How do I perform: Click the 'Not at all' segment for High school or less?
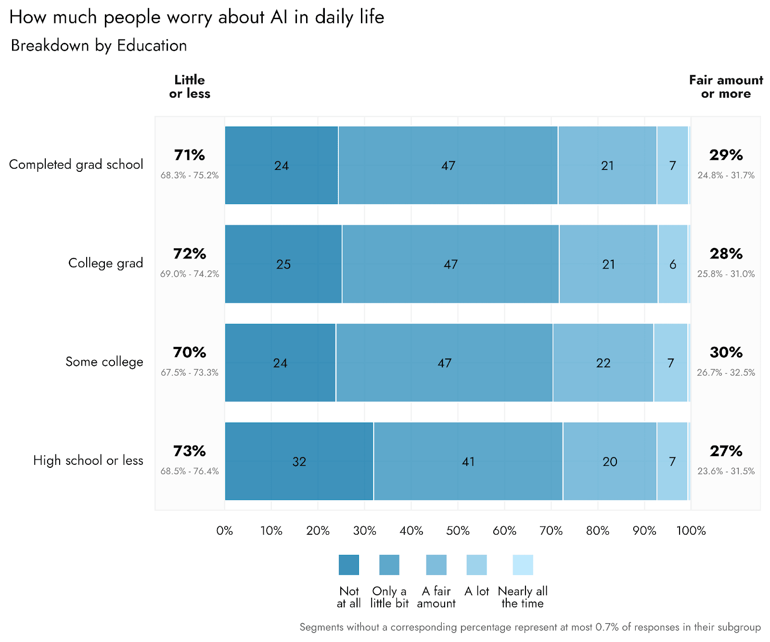tap(299, 461)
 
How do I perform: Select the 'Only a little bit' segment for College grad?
tap(450, 264)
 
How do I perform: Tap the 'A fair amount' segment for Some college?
tap(603, 362)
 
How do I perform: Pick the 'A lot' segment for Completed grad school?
tap(672, 165)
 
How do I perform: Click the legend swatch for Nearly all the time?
tap(523, 565)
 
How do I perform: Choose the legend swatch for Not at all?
tap(348, 565)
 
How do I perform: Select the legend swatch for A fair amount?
tap(436, 565)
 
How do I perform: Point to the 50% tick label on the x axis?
tap(458, 530)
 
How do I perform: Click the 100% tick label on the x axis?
tap(691, 530)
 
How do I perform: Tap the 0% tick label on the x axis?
tap(225, 530)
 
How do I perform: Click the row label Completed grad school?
tap(76, 164)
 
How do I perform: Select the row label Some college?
tap(104, 361)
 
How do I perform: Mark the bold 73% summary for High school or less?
tap(190, 451)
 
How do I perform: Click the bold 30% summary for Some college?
tap(726, 352)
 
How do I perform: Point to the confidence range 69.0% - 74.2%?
tap(190, 274)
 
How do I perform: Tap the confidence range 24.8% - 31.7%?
tap(726, 175)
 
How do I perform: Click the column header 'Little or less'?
tap(190, 87)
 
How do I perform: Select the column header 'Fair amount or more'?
tap(726, 87)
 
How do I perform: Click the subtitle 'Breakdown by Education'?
tap(99, 45)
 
